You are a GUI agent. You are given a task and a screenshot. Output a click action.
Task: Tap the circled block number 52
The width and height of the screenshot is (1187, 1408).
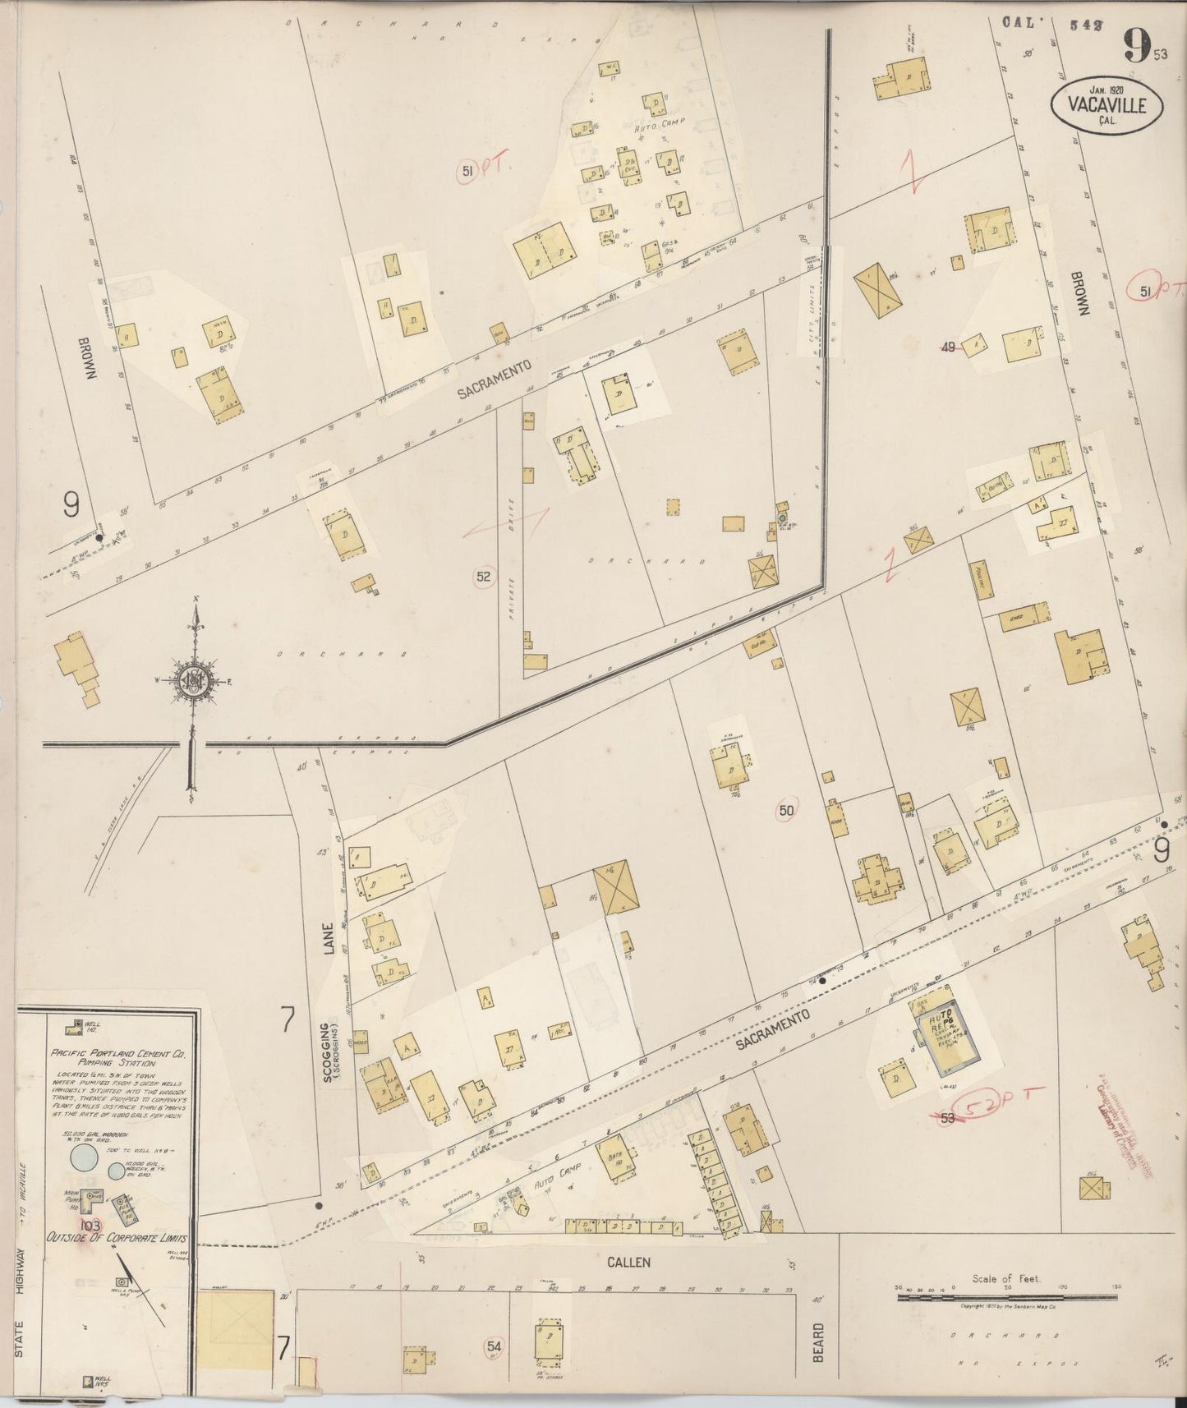pos(483,577)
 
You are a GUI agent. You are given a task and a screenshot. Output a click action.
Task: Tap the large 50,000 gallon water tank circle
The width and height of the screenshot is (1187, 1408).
pos(84,1157)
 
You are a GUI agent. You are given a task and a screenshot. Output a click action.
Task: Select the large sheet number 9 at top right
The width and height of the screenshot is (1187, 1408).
pos(1135,47)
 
